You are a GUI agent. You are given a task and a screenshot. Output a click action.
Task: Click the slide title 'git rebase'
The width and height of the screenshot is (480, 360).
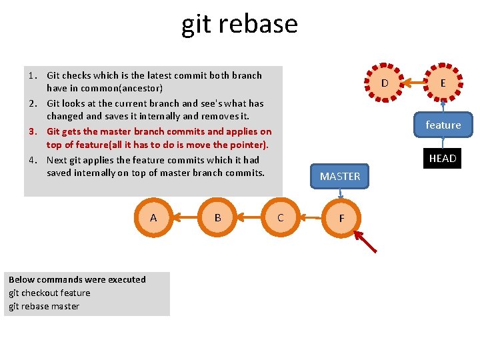(x=239, y=24)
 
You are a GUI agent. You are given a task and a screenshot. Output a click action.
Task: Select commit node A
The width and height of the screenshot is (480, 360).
(x=153, y=218)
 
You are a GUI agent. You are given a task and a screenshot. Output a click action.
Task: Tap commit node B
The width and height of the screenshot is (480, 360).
(x=217, y=218)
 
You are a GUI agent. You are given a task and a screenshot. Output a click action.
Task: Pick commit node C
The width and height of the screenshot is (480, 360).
(x=280, y=218)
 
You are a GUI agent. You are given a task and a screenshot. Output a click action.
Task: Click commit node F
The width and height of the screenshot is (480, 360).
(x=341, y=218)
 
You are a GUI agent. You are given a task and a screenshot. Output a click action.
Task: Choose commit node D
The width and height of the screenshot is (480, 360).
(x=385, y=83)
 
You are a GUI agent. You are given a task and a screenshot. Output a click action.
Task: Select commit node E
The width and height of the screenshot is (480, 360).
(x=443, y=83)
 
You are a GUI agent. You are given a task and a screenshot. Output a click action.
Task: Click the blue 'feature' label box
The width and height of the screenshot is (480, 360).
(x=443, y=125)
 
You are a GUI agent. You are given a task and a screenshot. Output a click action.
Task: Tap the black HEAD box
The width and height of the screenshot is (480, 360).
(x=443, y=159)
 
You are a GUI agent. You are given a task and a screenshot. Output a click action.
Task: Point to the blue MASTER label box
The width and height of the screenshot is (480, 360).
(x=340, y=176)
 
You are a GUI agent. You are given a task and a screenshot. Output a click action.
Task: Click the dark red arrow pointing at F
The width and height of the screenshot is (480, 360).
(x=365, y=241)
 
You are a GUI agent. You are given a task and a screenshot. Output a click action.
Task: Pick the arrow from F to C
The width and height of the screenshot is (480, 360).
(x=311, y=217)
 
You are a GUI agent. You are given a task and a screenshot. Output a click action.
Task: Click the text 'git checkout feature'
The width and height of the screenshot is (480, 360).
(x=49, y=293)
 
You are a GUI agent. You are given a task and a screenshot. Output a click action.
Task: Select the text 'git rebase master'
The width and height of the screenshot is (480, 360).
(x=44, y=306)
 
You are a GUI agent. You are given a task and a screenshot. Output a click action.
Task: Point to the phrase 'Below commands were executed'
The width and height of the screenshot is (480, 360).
(x=77, y=279)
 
